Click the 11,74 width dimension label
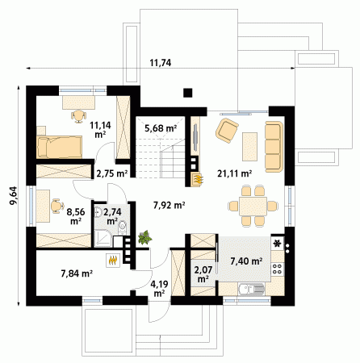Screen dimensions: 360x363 pyautogui.click(x=161, y=63)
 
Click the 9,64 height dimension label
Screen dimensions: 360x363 pyautogui.click(x=14, y=195)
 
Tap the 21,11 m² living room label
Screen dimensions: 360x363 pyautogui.click(x=235, y=173)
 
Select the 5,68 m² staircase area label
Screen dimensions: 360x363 pyautogui.click(x=161, y=128)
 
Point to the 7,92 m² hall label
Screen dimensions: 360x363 pyautogui.click(x=169, y=206)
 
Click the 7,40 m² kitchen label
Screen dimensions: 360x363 pyautogui.click(x=246, y=261)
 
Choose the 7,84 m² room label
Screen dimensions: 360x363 pyautogui.click(x=77, y=273)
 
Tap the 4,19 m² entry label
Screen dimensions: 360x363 pyautogui.click(x=159, y=289)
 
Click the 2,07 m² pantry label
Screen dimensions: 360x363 pyautogui.click(x=203, y=274)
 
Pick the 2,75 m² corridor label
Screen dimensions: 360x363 pyautogui.click(x=112, y=173)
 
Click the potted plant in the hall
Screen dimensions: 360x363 pyautogui.click(x=144, y=237)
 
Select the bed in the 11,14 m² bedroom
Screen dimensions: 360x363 pyautogui.click(x=60, y=147)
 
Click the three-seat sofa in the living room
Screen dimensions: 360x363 pyautogui.click(x=274, y=146)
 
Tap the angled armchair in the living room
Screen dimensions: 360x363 pyautogui.click(x=227, y=131)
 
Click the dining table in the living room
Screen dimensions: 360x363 pyautogui.click(x=253, y=206)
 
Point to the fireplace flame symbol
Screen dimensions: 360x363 pyautogui.click(x=198, y=179)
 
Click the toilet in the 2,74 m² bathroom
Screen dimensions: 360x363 pyautogui.click(x=122, y=227)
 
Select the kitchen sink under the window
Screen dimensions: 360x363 pyautogui.click(x=250, y=289)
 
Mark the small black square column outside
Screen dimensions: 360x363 pyautogui.click(x=188, y=93)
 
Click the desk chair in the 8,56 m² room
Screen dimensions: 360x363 pyautogui.click(x=57, y=206)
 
